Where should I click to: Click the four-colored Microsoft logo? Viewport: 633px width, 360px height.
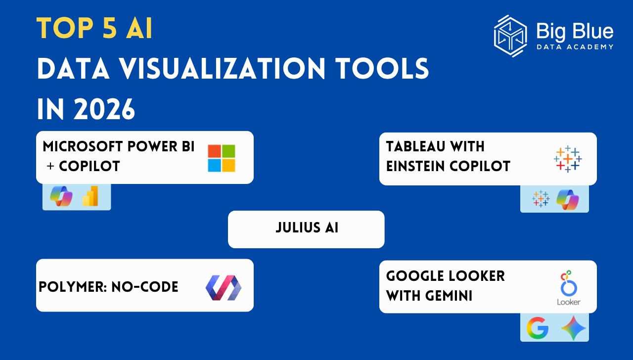[222, 158]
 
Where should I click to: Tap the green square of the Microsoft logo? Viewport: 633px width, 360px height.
[228, 151]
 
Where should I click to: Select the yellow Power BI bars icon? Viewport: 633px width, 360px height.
[90, 196]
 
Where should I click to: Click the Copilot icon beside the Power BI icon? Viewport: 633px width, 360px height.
[61, 196]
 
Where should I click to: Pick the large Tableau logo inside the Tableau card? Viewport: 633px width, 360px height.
[568, 159]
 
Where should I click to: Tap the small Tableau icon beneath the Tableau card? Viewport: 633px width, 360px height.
[541, 199]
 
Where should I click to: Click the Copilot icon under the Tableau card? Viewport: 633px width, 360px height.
[568, 199]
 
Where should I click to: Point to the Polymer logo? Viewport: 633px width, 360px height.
[223, 288]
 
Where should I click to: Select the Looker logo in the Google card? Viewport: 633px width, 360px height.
[569, 288]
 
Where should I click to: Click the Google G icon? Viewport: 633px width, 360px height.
[538, 328]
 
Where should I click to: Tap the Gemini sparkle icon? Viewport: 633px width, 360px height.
[573, 328]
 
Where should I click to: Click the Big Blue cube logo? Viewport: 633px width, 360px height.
[510, 36]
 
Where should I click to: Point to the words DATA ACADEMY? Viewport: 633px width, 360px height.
[575, 47]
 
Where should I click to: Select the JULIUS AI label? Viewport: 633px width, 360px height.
[307, 228]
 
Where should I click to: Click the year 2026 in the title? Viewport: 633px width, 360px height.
[104, 109]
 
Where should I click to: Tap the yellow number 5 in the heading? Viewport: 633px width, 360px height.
[110, 28]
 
